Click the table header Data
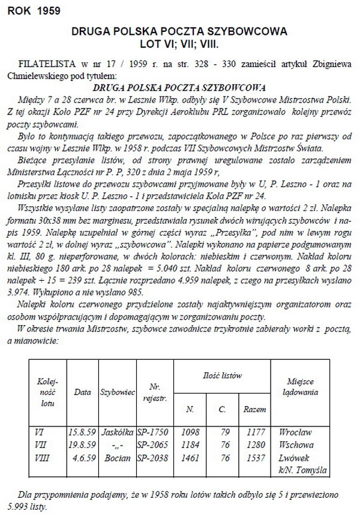[82, 392]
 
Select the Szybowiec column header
[115, 392]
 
